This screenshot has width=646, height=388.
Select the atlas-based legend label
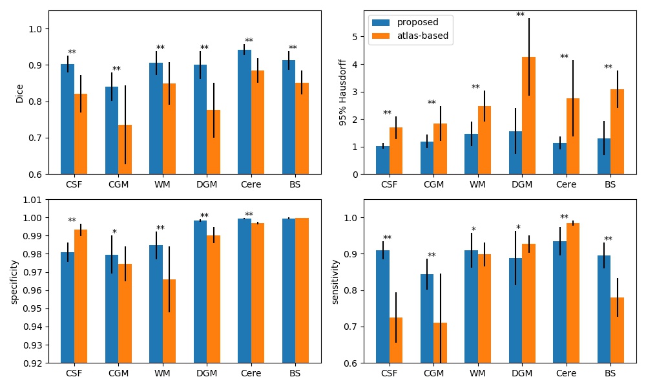[x=422, y=36]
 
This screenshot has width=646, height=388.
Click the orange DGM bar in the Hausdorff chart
[x=528, y=116]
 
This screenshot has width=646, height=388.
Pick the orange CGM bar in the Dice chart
[x=125, y=149]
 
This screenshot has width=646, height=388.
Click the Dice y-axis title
[x=20, y=92]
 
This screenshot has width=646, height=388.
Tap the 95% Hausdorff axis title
[x=343, y=92]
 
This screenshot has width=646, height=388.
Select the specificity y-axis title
[x=14, y=281]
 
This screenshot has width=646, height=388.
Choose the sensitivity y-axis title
[x=335, y=281]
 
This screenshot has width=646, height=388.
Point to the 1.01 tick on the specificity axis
[x=32, y=200]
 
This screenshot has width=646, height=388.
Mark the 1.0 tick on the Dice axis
[x=36, y=29]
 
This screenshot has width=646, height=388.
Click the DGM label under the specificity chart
[x=207, y=373]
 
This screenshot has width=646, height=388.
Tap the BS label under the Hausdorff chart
[x=610, y=184]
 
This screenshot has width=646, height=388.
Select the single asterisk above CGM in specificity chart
[x=114, y=233]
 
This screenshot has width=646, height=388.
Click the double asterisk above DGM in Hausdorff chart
[x=520, y=15]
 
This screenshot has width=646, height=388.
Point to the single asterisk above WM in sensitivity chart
[x=474, y=230]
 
